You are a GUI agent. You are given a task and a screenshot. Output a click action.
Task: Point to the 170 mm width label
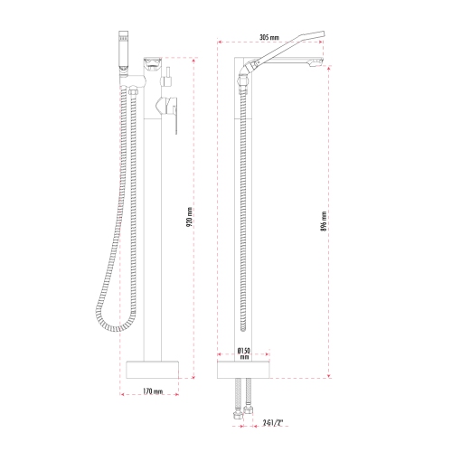[152, 391]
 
